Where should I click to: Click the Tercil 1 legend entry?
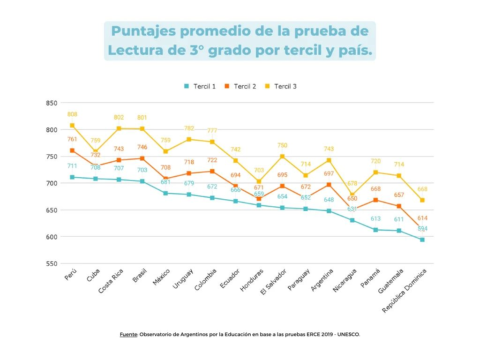point(200,86)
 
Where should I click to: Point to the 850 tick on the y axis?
point(52,103)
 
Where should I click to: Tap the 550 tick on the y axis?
point(52,263)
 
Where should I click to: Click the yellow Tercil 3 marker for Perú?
point(72,126)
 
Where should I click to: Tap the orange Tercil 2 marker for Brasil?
point(142,158)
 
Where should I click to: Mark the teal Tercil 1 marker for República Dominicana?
point(422,240)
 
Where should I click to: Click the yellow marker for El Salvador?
point(282,157)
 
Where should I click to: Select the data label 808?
point(72,114)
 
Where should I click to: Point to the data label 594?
point(422,229)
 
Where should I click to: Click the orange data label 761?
point(72,139)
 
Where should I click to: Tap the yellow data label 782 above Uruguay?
point(189,128)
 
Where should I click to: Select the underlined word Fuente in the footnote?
point(128,334)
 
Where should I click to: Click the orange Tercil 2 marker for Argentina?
point(329,185)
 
